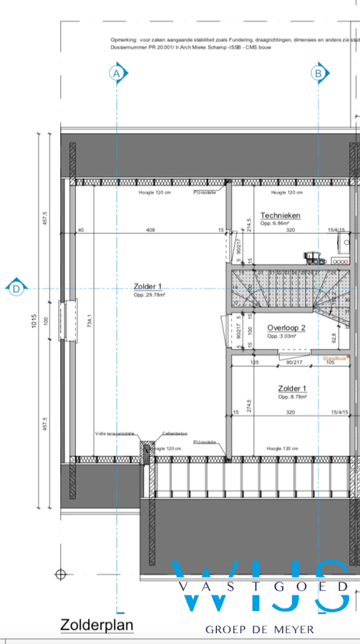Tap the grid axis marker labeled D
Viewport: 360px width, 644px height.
16,288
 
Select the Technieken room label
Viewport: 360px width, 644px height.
280,215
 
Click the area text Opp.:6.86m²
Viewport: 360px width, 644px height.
279,223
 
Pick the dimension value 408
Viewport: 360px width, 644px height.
150,230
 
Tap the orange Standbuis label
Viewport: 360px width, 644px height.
335,358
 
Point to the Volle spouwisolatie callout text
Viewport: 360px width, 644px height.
115,434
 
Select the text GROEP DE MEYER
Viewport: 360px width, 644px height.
260,630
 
